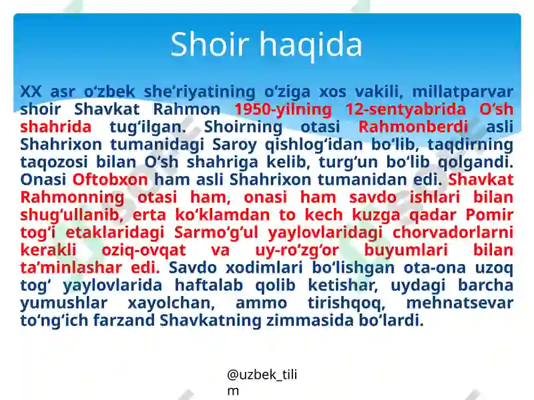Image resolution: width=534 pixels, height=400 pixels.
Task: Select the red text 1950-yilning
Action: (282, 109)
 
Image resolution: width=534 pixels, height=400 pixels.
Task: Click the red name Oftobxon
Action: (110, 179)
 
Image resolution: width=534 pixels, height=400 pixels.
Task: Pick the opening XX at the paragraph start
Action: (31, 91)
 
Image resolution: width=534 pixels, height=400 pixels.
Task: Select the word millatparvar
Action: (463, 91)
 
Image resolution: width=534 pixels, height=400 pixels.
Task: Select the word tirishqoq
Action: (349, 303)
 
